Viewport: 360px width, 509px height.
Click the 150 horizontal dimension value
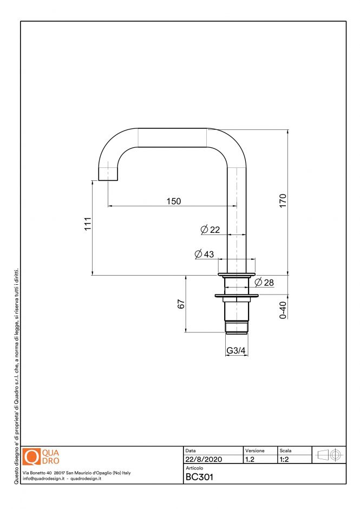pyautogui.click(x=173, y=201)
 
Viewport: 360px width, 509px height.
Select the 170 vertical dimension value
pyautogui.click(x=283, y=200)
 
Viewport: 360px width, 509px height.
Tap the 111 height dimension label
pyautogui.click(x=87, y=224)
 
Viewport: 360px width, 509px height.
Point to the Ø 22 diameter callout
pyautogui.click(x=210, y=230)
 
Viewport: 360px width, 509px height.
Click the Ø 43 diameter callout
pyautogui.click(x=204, y=254)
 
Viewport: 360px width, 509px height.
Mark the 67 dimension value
pyautogui.click(x=181, y=304)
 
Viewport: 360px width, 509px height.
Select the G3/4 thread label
pyautogui.click(x=236, y=351)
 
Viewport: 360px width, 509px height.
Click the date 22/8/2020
pyautogui.click(x=204, y=459)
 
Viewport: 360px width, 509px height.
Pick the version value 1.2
pyautogui.click(x=250, y=459)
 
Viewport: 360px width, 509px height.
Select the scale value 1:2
pyautogui.click(x=284, y=459)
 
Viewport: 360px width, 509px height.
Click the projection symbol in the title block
pyautogui.click(x=329, y=455)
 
